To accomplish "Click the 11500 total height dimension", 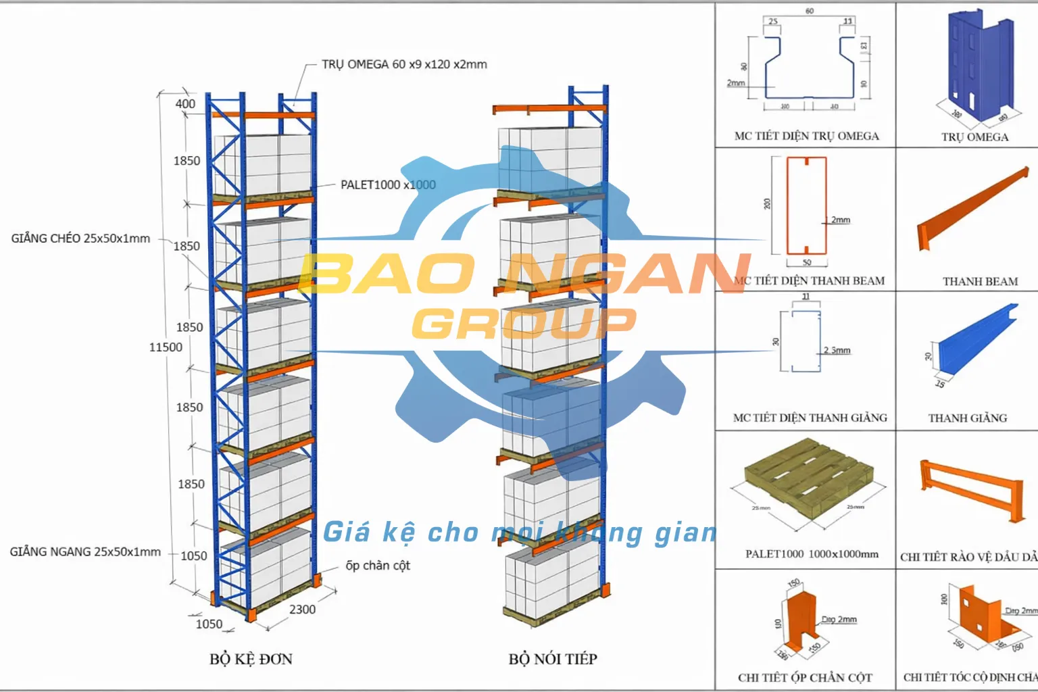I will click(x=166, y=347).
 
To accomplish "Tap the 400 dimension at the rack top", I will click(x=185, y=104).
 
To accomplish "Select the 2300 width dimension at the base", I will click(x=302, y=610).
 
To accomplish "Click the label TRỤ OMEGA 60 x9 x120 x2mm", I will click(x=404, y=65).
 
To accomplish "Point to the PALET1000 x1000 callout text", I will click(x=388, y=185).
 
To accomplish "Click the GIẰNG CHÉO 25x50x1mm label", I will click(x=80, y=239).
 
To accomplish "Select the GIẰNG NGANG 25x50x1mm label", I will click(x=85, y=552).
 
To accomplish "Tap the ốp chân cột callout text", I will click(x=378, y=566).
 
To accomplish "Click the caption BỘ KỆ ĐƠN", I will click(x=251, y=659).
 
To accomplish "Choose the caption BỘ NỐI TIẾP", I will click(x=553, y=659).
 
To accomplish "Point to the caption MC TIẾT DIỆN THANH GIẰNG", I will click(x=810, y=418).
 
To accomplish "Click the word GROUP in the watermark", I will click(x=524, y=324).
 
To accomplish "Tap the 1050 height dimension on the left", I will click(x=193, y=556).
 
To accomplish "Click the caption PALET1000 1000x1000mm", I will click(x=812, y=554).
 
